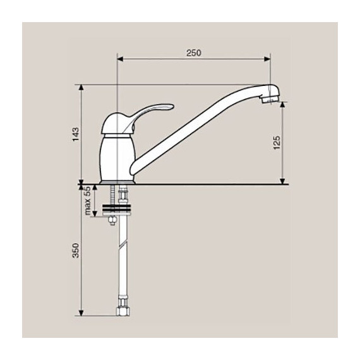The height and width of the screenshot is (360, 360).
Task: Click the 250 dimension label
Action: tap(193, 53)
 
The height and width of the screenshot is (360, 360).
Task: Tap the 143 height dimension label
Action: tap(76, 135)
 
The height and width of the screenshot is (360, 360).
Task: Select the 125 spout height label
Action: tap(277, 143)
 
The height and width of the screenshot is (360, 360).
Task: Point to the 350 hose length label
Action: tap(76, 250)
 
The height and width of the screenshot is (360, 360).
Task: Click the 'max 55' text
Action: tap(88, 201)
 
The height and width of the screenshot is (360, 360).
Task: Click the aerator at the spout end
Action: tap(270, 100)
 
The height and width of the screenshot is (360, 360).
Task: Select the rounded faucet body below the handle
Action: tap(117, 159)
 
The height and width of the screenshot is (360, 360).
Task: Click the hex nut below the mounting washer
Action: tap(112, 220)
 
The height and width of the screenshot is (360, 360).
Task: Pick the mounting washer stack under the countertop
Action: tap(117, 209)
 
